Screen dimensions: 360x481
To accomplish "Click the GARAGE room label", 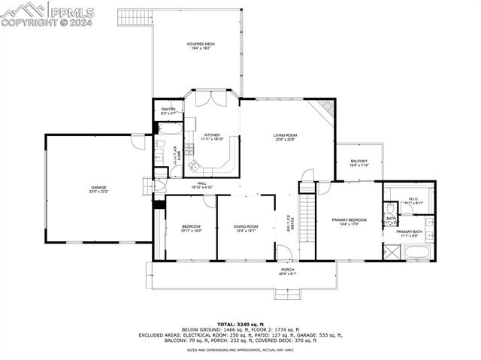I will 98,187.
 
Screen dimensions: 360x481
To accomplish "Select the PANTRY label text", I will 168,110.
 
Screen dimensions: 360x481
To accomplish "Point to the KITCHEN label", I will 213,135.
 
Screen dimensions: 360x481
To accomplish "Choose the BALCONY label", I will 359,162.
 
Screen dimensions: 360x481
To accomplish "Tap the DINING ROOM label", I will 246,226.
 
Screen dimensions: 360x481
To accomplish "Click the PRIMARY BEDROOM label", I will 349,220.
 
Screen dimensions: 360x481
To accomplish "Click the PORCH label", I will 287,270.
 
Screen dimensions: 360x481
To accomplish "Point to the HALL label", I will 202,183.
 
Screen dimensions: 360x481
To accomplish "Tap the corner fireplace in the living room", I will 325,110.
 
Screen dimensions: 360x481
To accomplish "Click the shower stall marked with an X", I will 392,251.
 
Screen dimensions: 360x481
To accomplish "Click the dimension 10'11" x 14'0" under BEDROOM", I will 191,231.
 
